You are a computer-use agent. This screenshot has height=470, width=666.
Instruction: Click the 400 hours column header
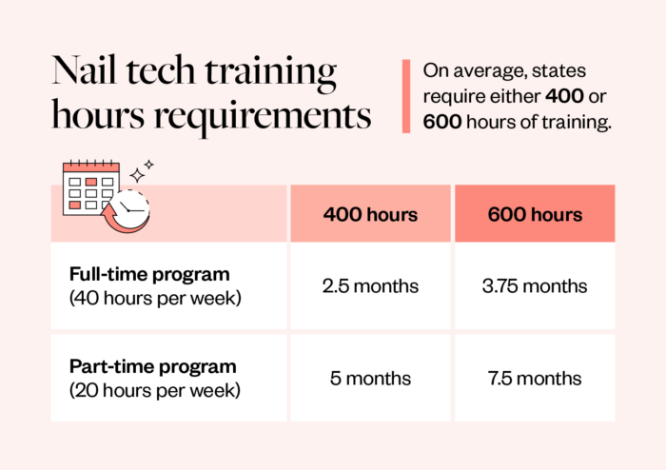click(370, 214)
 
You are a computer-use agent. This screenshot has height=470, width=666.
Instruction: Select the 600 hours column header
click(535, 214)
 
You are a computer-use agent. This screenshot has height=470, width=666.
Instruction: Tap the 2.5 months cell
click(370, 286)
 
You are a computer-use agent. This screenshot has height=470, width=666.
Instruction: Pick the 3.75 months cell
click(535, 286)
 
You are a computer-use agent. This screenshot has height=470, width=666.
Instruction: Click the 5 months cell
click(370, 378)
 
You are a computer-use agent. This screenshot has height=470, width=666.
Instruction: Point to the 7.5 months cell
click(535, 378)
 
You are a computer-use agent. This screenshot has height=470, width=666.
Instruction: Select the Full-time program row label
click(149, 274)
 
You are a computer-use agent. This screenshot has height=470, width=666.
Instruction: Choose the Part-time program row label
click(152, 366)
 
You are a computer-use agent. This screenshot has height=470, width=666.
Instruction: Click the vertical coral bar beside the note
click(406, 96)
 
